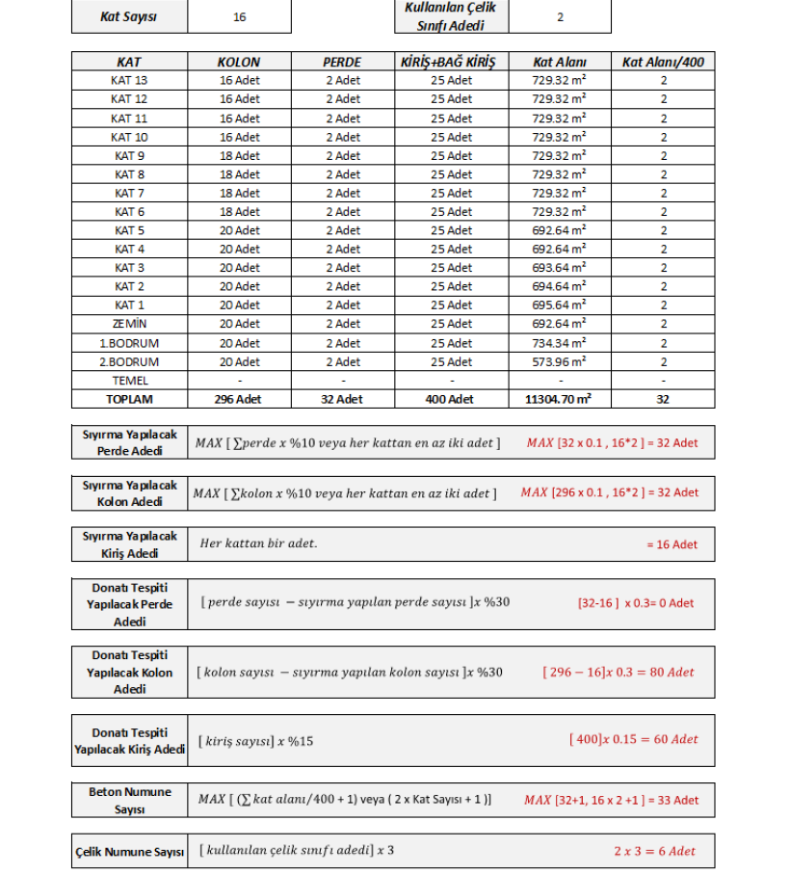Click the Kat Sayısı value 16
click(x=239, y=17)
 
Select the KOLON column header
click(x=239, y=62)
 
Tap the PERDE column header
click(x=342, y=62)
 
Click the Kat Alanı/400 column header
click(x=663, y=62)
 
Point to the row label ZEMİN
click(x=129, y=324)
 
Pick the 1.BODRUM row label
click(x=129, y=343)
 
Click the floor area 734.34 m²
click(x=559, y=343)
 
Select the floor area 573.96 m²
click(x=559, y=362)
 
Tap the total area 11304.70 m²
click(x=559, y=399)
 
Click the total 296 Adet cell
click(x=239, y=399)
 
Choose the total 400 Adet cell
click(x=451, y=399)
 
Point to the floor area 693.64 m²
click(x=559, y=268)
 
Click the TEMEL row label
click(x=129, y=381)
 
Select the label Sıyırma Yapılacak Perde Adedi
click(x=129, y=442)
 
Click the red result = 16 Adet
click(x=671, y=544)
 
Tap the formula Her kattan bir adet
click(x=258, y=543)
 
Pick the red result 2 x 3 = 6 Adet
click(x=654, y=851)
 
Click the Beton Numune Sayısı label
click(x=129, y=800)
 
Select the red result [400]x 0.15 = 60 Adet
click(x=633, y=739)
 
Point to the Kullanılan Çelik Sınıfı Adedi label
click(x=451, y=16)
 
